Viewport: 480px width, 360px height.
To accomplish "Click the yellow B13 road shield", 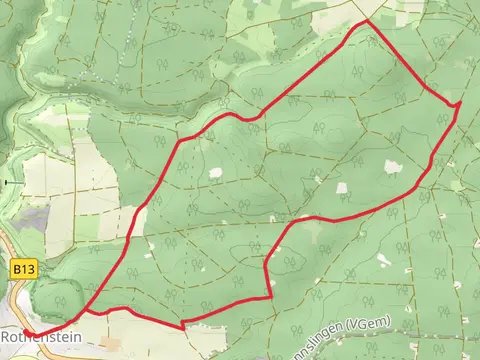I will (x=25, y=270).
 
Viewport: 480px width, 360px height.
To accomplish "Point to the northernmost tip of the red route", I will (x=365, y=20).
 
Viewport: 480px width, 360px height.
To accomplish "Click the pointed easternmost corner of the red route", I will (x=460, y=103).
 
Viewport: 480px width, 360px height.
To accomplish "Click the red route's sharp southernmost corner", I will (x=183, y=325).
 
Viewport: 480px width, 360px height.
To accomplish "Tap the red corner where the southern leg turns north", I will (x=272, y=296).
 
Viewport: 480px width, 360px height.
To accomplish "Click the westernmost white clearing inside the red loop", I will (x=215, y=173).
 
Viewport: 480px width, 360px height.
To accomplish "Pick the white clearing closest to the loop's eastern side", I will (x=391, y=167).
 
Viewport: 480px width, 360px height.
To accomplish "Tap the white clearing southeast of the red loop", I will (x=383, y=260).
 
